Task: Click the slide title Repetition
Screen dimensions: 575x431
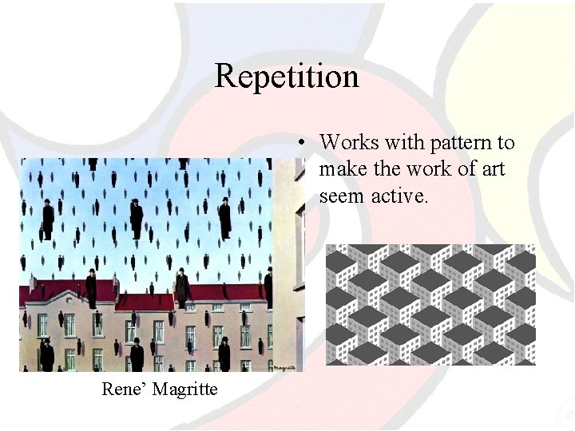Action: pyautogui.click(x=287, y=77)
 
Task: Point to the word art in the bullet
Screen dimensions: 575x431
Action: pyautogui.click(x=492, y=169)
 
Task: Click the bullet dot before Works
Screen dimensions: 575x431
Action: pyautogui.click(x=304, y=144)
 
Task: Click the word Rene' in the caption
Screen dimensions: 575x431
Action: pyautogui.click(x=121, y=389)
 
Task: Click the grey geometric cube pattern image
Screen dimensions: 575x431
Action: pyautogui.click(x=430, y=304)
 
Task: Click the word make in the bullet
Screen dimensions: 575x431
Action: pyautogui.click(x=341, y=169)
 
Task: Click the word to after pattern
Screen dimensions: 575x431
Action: pyautogui.click(x=506, y=143)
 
